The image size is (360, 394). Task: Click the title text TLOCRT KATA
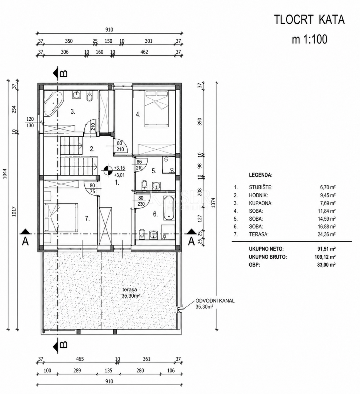click(309, 20)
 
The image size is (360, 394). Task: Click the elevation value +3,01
click(119, 175)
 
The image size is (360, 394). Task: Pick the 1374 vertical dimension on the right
click(214, 206)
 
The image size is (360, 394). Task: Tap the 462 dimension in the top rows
click(144, 52)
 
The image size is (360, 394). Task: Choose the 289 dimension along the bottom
click(77, 370)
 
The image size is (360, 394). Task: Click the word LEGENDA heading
click(260, 175)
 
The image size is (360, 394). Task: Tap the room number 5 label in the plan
click(154, 171)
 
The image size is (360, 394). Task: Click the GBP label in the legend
click(254, 264)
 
